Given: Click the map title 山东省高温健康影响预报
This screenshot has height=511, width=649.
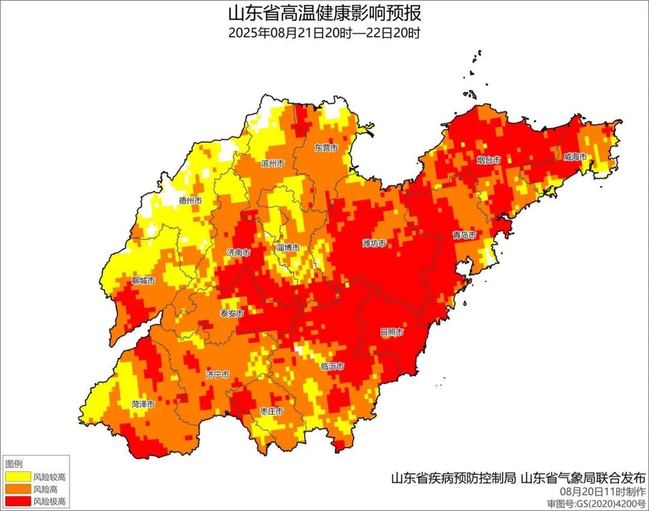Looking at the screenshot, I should click(x=324, y=13).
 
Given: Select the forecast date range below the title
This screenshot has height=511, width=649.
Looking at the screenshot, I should click(x=324, y=33).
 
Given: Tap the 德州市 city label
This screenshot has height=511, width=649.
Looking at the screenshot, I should click(x=190, y=201).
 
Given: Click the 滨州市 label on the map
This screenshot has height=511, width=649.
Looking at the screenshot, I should click(x=273, y=163).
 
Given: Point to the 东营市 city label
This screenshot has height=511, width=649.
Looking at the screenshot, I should click(x=326, y=148).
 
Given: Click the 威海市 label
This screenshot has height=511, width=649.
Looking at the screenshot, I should click(x=576, y=157).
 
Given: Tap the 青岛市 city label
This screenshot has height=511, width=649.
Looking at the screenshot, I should click(x=465, y=235).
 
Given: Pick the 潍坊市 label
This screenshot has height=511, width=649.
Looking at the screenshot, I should click(x=374, y=243).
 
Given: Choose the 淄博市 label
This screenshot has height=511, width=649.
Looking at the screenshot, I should click(x=288, y=247).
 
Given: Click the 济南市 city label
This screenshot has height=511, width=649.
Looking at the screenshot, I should click(x=239, y=253).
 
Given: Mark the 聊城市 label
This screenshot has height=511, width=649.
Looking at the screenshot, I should click(x=144, y=280).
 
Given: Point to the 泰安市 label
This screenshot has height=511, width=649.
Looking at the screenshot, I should click(x=232, y=313).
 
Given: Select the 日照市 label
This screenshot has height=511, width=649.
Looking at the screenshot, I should click(x=391, y=332).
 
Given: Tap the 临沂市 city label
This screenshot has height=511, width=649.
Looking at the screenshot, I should click(x=332, y=366).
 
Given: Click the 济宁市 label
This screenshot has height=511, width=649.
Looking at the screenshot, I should click(x=217, y=375).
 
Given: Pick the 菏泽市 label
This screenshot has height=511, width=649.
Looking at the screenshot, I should click(x=143, y=404).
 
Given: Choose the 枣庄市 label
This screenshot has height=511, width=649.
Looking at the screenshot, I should click(x=272, y=411).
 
